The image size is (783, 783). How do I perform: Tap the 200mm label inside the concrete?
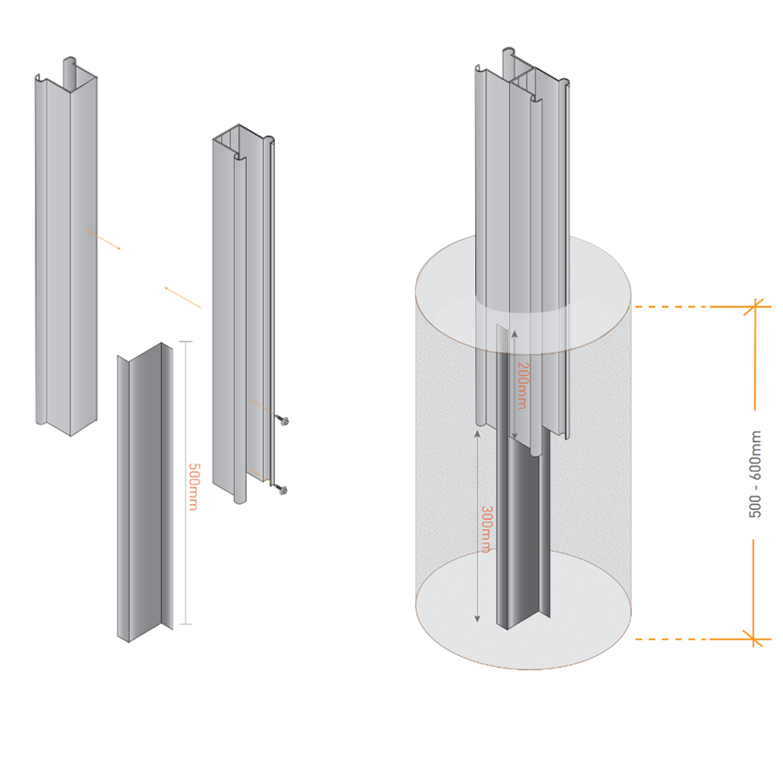pos(522,384)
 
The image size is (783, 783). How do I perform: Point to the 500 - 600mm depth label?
pos(756,474)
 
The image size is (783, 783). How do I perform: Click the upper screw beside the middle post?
pos(284,420)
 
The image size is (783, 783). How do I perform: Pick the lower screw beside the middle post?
pos(283,490)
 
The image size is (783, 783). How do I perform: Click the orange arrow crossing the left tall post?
pos(103,239)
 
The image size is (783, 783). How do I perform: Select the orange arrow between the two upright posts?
pos(182,298)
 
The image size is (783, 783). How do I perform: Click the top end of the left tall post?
pos(67,74)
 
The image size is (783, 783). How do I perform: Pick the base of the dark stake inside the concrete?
pos(520,622)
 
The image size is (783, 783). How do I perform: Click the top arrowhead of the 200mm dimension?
pos(514,332)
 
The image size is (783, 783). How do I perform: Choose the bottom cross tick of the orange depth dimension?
pos(755,639)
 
